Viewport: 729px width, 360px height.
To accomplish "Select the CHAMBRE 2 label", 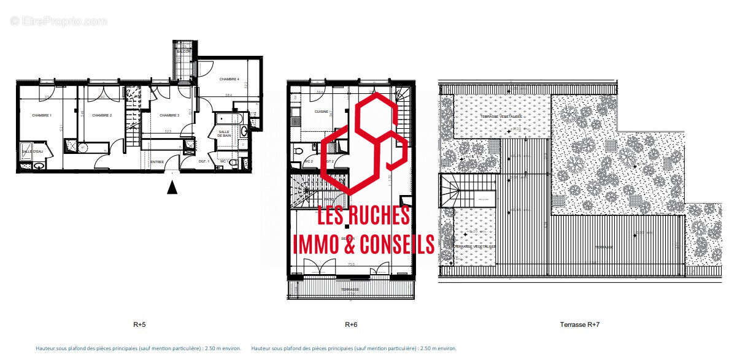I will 101,115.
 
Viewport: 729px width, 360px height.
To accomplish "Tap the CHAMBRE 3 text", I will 169,115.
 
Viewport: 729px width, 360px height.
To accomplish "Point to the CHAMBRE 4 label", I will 229,79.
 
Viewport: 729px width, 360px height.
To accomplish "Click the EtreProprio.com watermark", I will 58,21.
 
